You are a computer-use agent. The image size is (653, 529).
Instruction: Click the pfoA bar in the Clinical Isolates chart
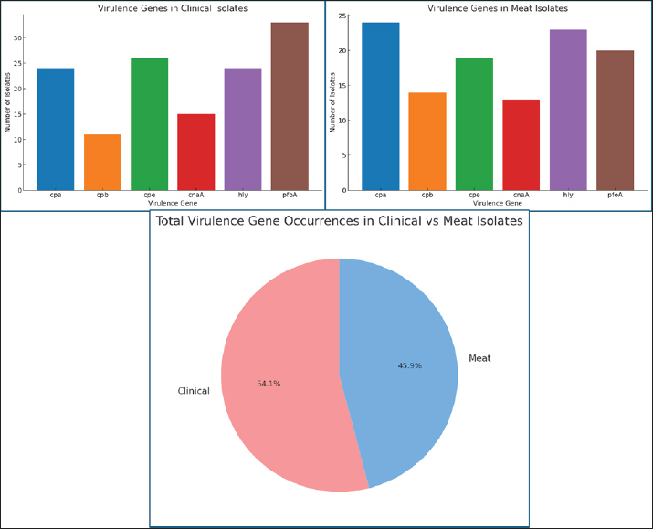click(x=289, y=106)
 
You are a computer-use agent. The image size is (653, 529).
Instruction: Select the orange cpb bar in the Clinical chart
click(x=102, y=162)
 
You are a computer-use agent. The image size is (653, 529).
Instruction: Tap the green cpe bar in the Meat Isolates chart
click(x=474, y=124)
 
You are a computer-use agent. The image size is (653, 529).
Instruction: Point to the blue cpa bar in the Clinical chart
click(x=56, y=129)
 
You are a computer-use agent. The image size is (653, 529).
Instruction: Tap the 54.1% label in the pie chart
click(x=269, y=384)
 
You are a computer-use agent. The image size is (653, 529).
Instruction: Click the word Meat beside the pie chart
click(x=479, y=358)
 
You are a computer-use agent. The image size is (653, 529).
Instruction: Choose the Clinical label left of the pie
click(x=193, y=391)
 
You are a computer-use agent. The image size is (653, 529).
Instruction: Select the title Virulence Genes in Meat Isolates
click(x=498, y=8)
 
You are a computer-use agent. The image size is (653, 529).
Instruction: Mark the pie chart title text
click(x=338, y=221)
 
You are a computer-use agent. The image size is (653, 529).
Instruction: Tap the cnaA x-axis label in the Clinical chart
click(x=195, y=195)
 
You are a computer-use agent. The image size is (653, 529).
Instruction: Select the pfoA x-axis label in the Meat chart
click(x=615, y=195)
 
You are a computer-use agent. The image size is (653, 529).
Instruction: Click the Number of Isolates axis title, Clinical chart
click(x=7, y=102)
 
